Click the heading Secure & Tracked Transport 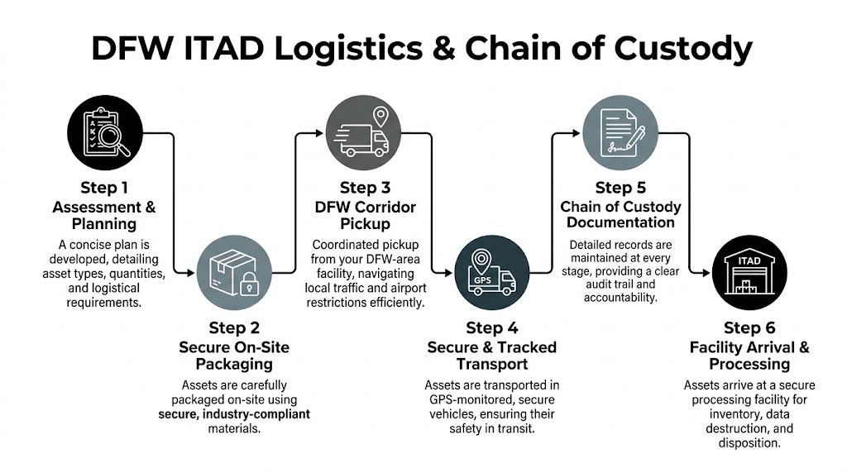click(x=491, y=356)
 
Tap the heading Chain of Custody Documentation click(x=621, y=214)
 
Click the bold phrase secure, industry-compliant click(x=234, y=413)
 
